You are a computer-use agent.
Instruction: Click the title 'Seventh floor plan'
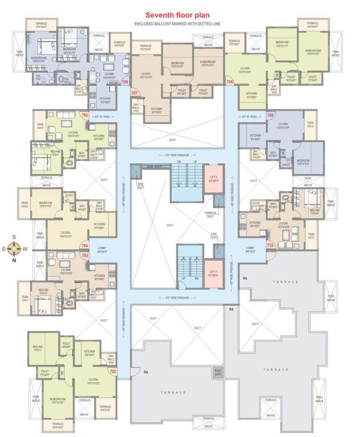coord(179,15)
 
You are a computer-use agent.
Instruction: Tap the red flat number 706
coord(125,82)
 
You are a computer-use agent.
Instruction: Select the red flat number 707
coord(135,92)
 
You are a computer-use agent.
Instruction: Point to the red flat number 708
coord(230,82)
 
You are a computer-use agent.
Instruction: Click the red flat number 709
coord(270,116)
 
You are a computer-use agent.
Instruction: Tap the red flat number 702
coord(113,372)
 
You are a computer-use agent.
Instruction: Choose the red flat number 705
coord(85,116)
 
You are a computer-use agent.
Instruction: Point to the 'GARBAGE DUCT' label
coord(210,215)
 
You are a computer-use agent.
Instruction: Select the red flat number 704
coord(85,246)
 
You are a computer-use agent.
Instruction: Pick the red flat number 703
coord(85,255)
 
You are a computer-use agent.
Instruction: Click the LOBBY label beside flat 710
coord(251,249)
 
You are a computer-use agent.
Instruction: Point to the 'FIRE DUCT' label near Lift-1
coord(215,234)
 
